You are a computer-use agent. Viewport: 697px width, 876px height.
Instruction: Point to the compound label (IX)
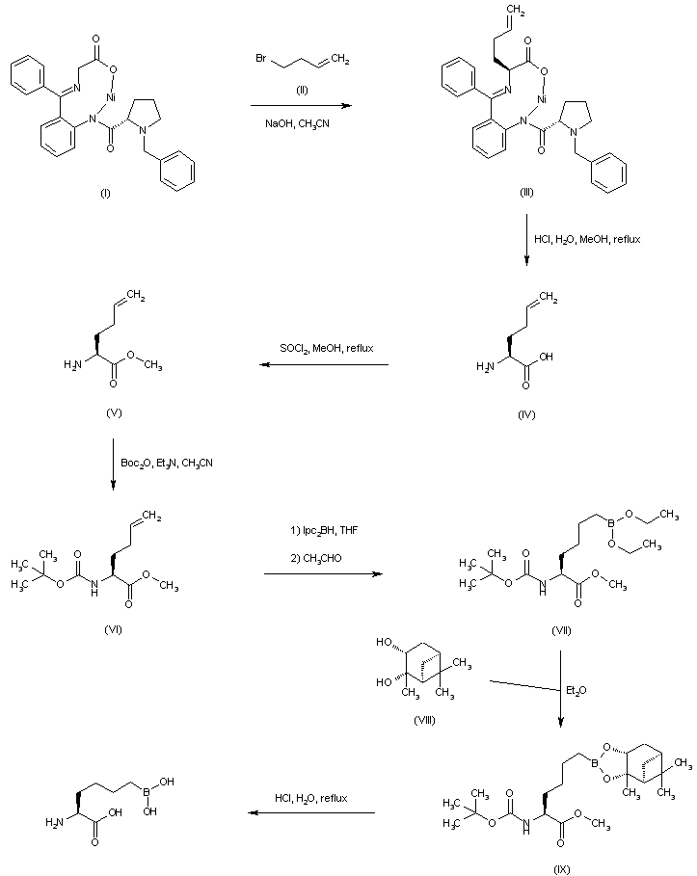pos(560,867)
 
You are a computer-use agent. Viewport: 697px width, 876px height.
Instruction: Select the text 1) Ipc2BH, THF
pos(323,529)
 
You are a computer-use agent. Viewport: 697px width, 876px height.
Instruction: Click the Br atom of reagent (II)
pos(261,61)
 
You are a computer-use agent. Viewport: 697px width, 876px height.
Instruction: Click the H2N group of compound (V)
pos(72,363)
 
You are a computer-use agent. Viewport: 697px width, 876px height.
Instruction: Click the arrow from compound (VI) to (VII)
pos(322,575)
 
